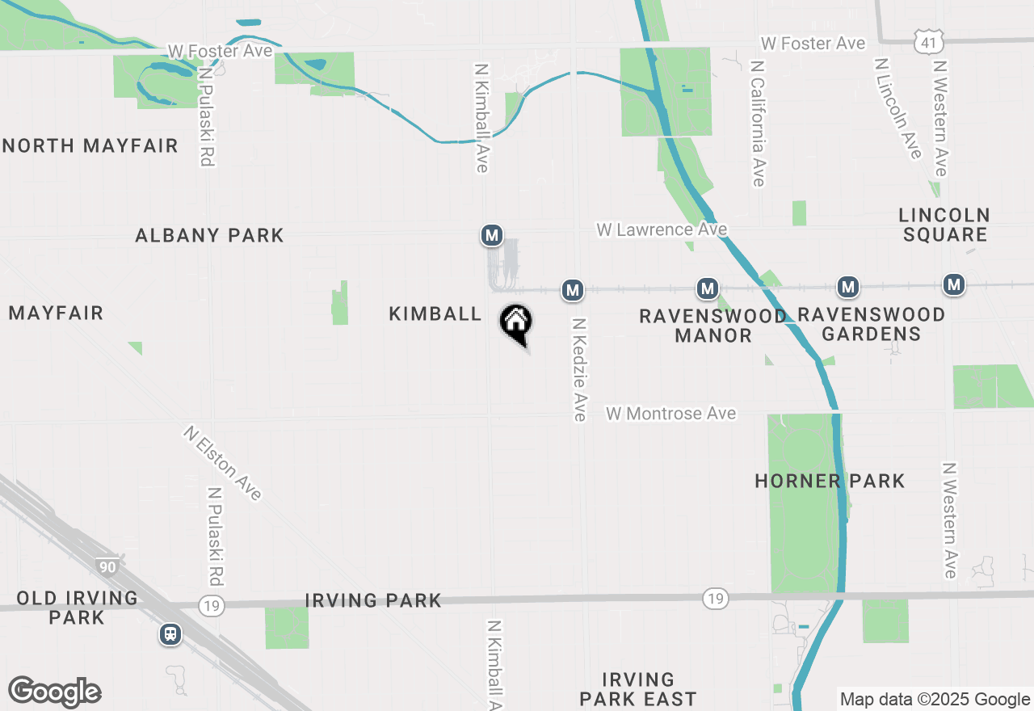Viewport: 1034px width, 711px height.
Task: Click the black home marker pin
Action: tap(516, 323)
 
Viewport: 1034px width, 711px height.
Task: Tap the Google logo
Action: tap(54, 692)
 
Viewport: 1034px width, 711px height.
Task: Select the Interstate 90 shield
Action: tap(107, 566)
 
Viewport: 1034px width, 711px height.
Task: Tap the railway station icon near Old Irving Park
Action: tap(170, 634)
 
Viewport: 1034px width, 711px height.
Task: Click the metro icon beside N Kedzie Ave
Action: tap(573, 289)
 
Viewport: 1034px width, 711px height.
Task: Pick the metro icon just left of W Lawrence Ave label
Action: tap(492, 235)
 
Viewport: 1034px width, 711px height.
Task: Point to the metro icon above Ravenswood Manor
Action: tap(708, 288)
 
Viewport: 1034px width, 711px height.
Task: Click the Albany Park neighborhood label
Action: tap(209, 235)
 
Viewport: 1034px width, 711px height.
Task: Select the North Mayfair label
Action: tap(90, 146)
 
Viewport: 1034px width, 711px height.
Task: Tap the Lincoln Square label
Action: tap(944, 225)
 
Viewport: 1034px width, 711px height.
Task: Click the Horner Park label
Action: tap(830, 482)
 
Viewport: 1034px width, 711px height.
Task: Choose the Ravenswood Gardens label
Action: tap(871, 324)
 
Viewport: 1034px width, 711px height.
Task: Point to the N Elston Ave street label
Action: tap(222, 463)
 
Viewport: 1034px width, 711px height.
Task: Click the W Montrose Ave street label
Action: tap(671, 414)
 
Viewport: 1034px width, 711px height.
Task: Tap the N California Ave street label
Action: tap(758, 122)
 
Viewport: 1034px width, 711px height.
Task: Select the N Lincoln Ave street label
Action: tap(897, 107)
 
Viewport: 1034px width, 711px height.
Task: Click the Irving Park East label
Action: tap(638, 689)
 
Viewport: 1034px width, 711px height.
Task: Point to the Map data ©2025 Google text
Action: tap(935, 700)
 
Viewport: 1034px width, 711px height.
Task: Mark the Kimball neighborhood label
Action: tap(435, 313)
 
